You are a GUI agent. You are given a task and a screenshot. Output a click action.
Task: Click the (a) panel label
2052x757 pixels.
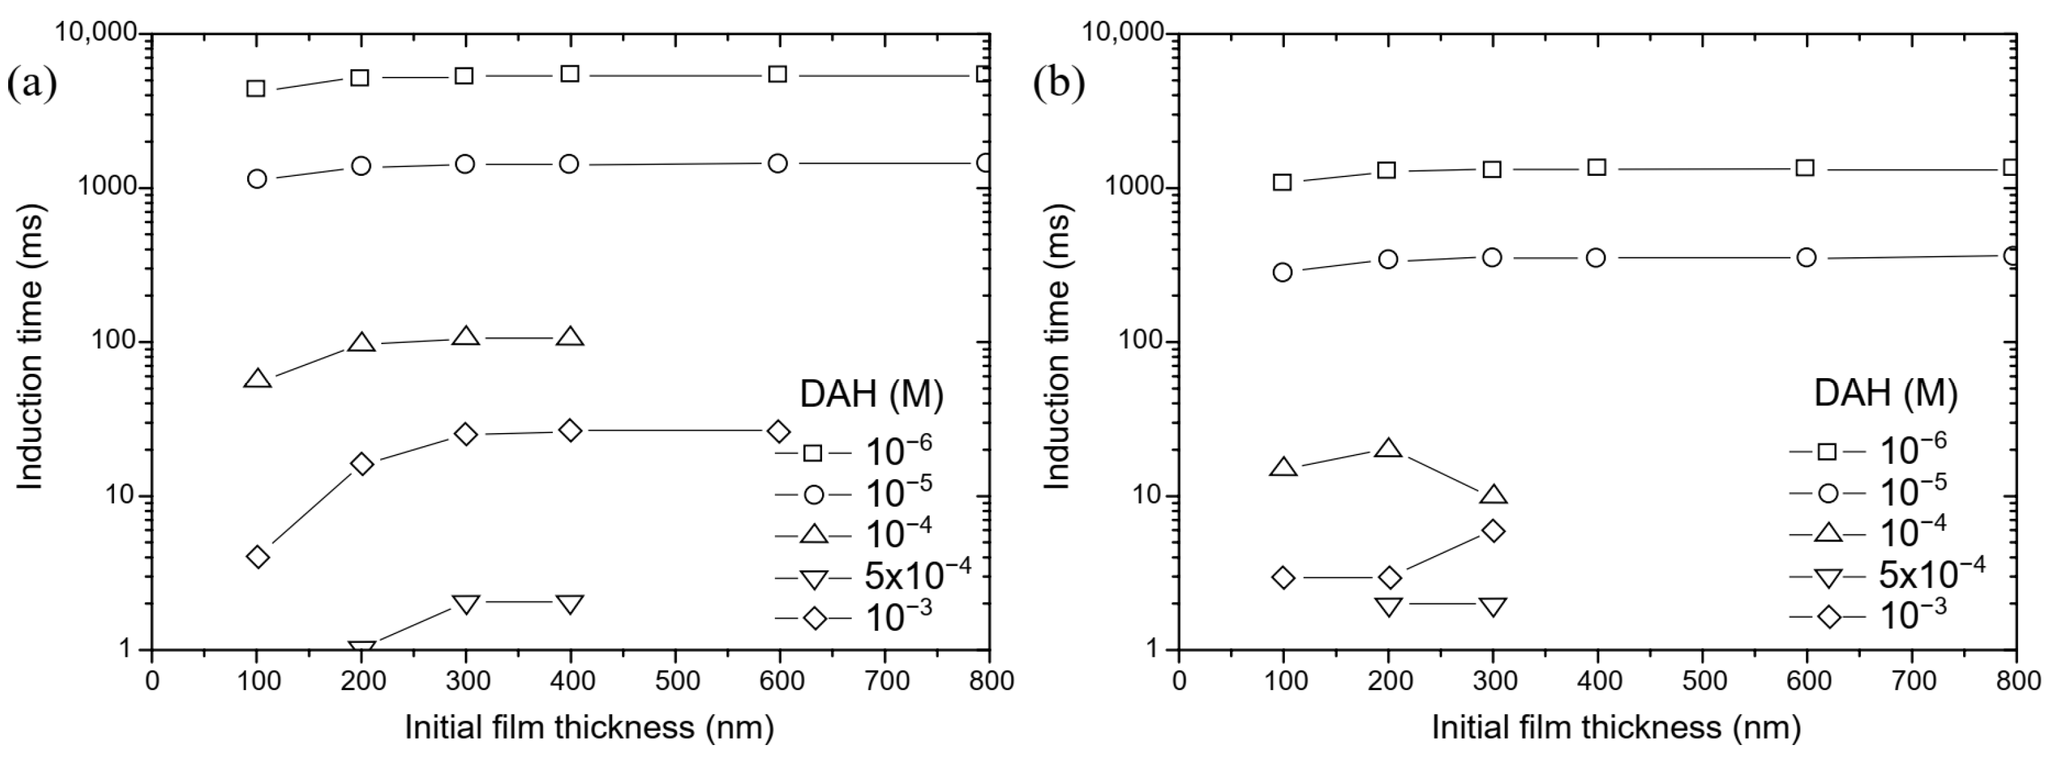tap(32, 84)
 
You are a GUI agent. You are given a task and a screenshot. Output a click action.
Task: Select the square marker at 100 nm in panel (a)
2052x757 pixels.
tap(256, 88)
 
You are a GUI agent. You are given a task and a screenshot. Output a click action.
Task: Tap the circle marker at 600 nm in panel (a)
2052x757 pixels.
tap(779, 163)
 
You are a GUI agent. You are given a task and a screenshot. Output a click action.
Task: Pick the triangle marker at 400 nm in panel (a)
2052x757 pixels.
tap(569, 337)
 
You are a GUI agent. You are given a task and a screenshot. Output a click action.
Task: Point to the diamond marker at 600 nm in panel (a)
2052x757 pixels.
tap(779, 432)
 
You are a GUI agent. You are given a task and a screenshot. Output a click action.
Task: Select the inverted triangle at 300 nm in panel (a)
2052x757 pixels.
tap(466, 604)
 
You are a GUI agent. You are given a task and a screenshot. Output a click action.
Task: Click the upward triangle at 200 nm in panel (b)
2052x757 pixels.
tap(1388, 449)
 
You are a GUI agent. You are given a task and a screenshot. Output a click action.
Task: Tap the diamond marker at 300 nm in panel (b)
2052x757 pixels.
tap(1493, 531)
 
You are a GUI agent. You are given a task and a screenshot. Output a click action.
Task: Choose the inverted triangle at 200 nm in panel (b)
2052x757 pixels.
tap(1388, 606)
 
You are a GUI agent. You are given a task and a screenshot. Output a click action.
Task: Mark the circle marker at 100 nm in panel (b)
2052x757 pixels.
tap(1282, 272)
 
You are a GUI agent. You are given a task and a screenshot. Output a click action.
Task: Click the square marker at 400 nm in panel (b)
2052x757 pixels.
tap(1596, 166)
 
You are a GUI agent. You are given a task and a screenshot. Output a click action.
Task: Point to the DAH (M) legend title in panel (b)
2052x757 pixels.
tap(1885, 395)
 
